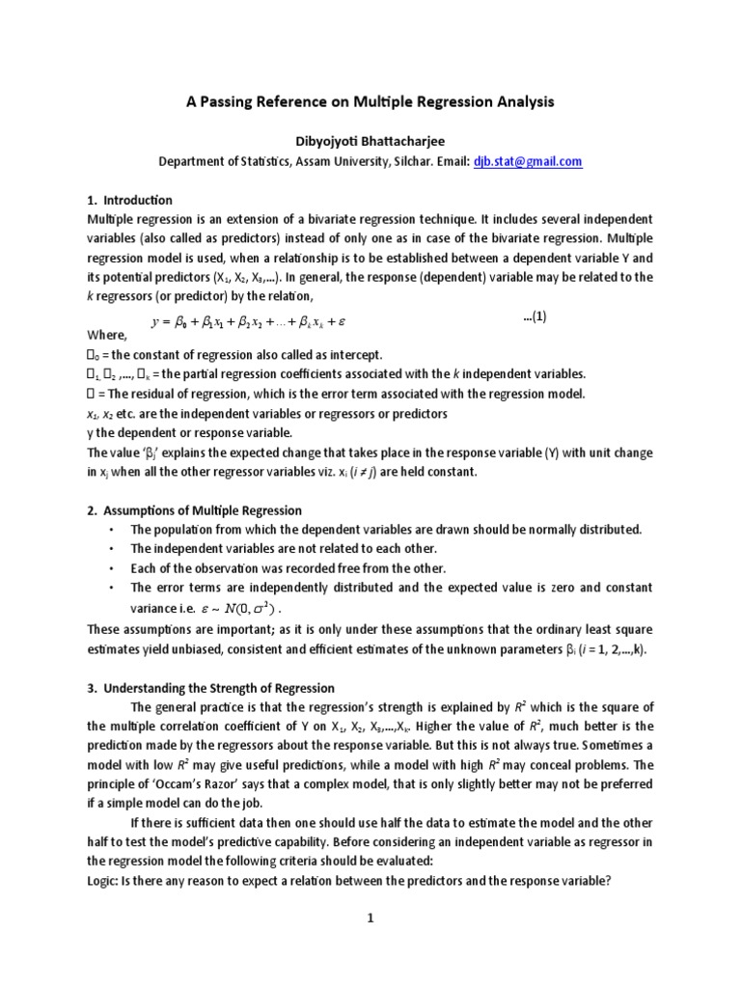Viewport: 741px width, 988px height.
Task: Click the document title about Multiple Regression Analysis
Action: click(370, 100)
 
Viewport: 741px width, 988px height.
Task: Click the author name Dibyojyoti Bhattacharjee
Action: click(370, 139)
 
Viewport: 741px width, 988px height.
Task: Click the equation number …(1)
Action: click(535, 316)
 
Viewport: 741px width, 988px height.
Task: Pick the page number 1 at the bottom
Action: click(370, 919)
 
